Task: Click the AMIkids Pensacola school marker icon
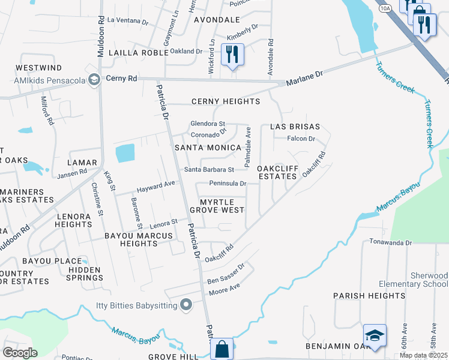coord(94,79)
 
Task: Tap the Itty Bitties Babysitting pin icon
coord(186,305)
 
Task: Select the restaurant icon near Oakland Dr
coord(232,54)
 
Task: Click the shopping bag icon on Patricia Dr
coord(221,349)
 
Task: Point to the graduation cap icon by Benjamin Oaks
coord(375,335)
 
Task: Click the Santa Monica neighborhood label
coord(207,148)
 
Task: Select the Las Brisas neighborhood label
coord(295,127)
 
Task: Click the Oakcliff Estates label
coord(277,173)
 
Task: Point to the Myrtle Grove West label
coord(217,206)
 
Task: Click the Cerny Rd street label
coord(121,79)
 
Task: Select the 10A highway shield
coord(386,8)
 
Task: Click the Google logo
coord(20,352)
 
